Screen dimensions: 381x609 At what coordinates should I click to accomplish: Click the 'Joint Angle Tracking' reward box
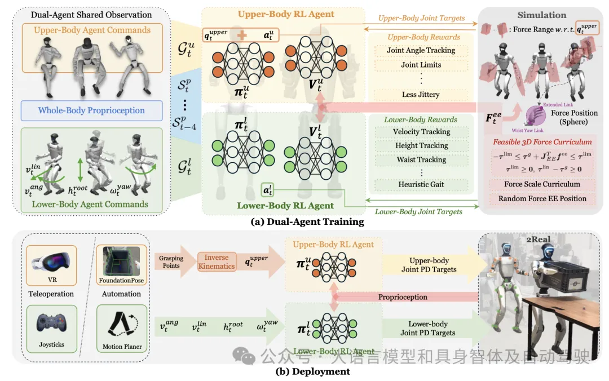421,50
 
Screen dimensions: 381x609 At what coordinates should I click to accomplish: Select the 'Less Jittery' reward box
421,95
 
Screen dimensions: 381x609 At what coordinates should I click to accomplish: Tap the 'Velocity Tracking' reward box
421,132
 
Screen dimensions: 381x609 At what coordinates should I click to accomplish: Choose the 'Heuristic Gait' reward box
421,184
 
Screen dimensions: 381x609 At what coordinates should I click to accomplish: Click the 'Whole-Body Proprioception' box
91,110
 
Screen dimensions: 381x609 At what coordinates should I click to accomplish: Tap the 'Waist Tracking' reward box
421,160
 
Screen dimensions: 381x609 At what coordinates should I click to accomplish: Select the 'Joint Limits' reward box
421,65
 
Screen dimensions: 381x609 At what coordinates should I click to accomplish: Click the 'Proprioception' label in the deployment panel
402,297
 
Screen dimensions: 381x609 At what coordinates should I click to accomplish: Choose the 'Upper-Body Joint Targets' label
421,19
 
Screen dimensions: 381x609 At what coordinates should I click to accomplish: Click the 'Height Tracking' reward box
421,145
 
